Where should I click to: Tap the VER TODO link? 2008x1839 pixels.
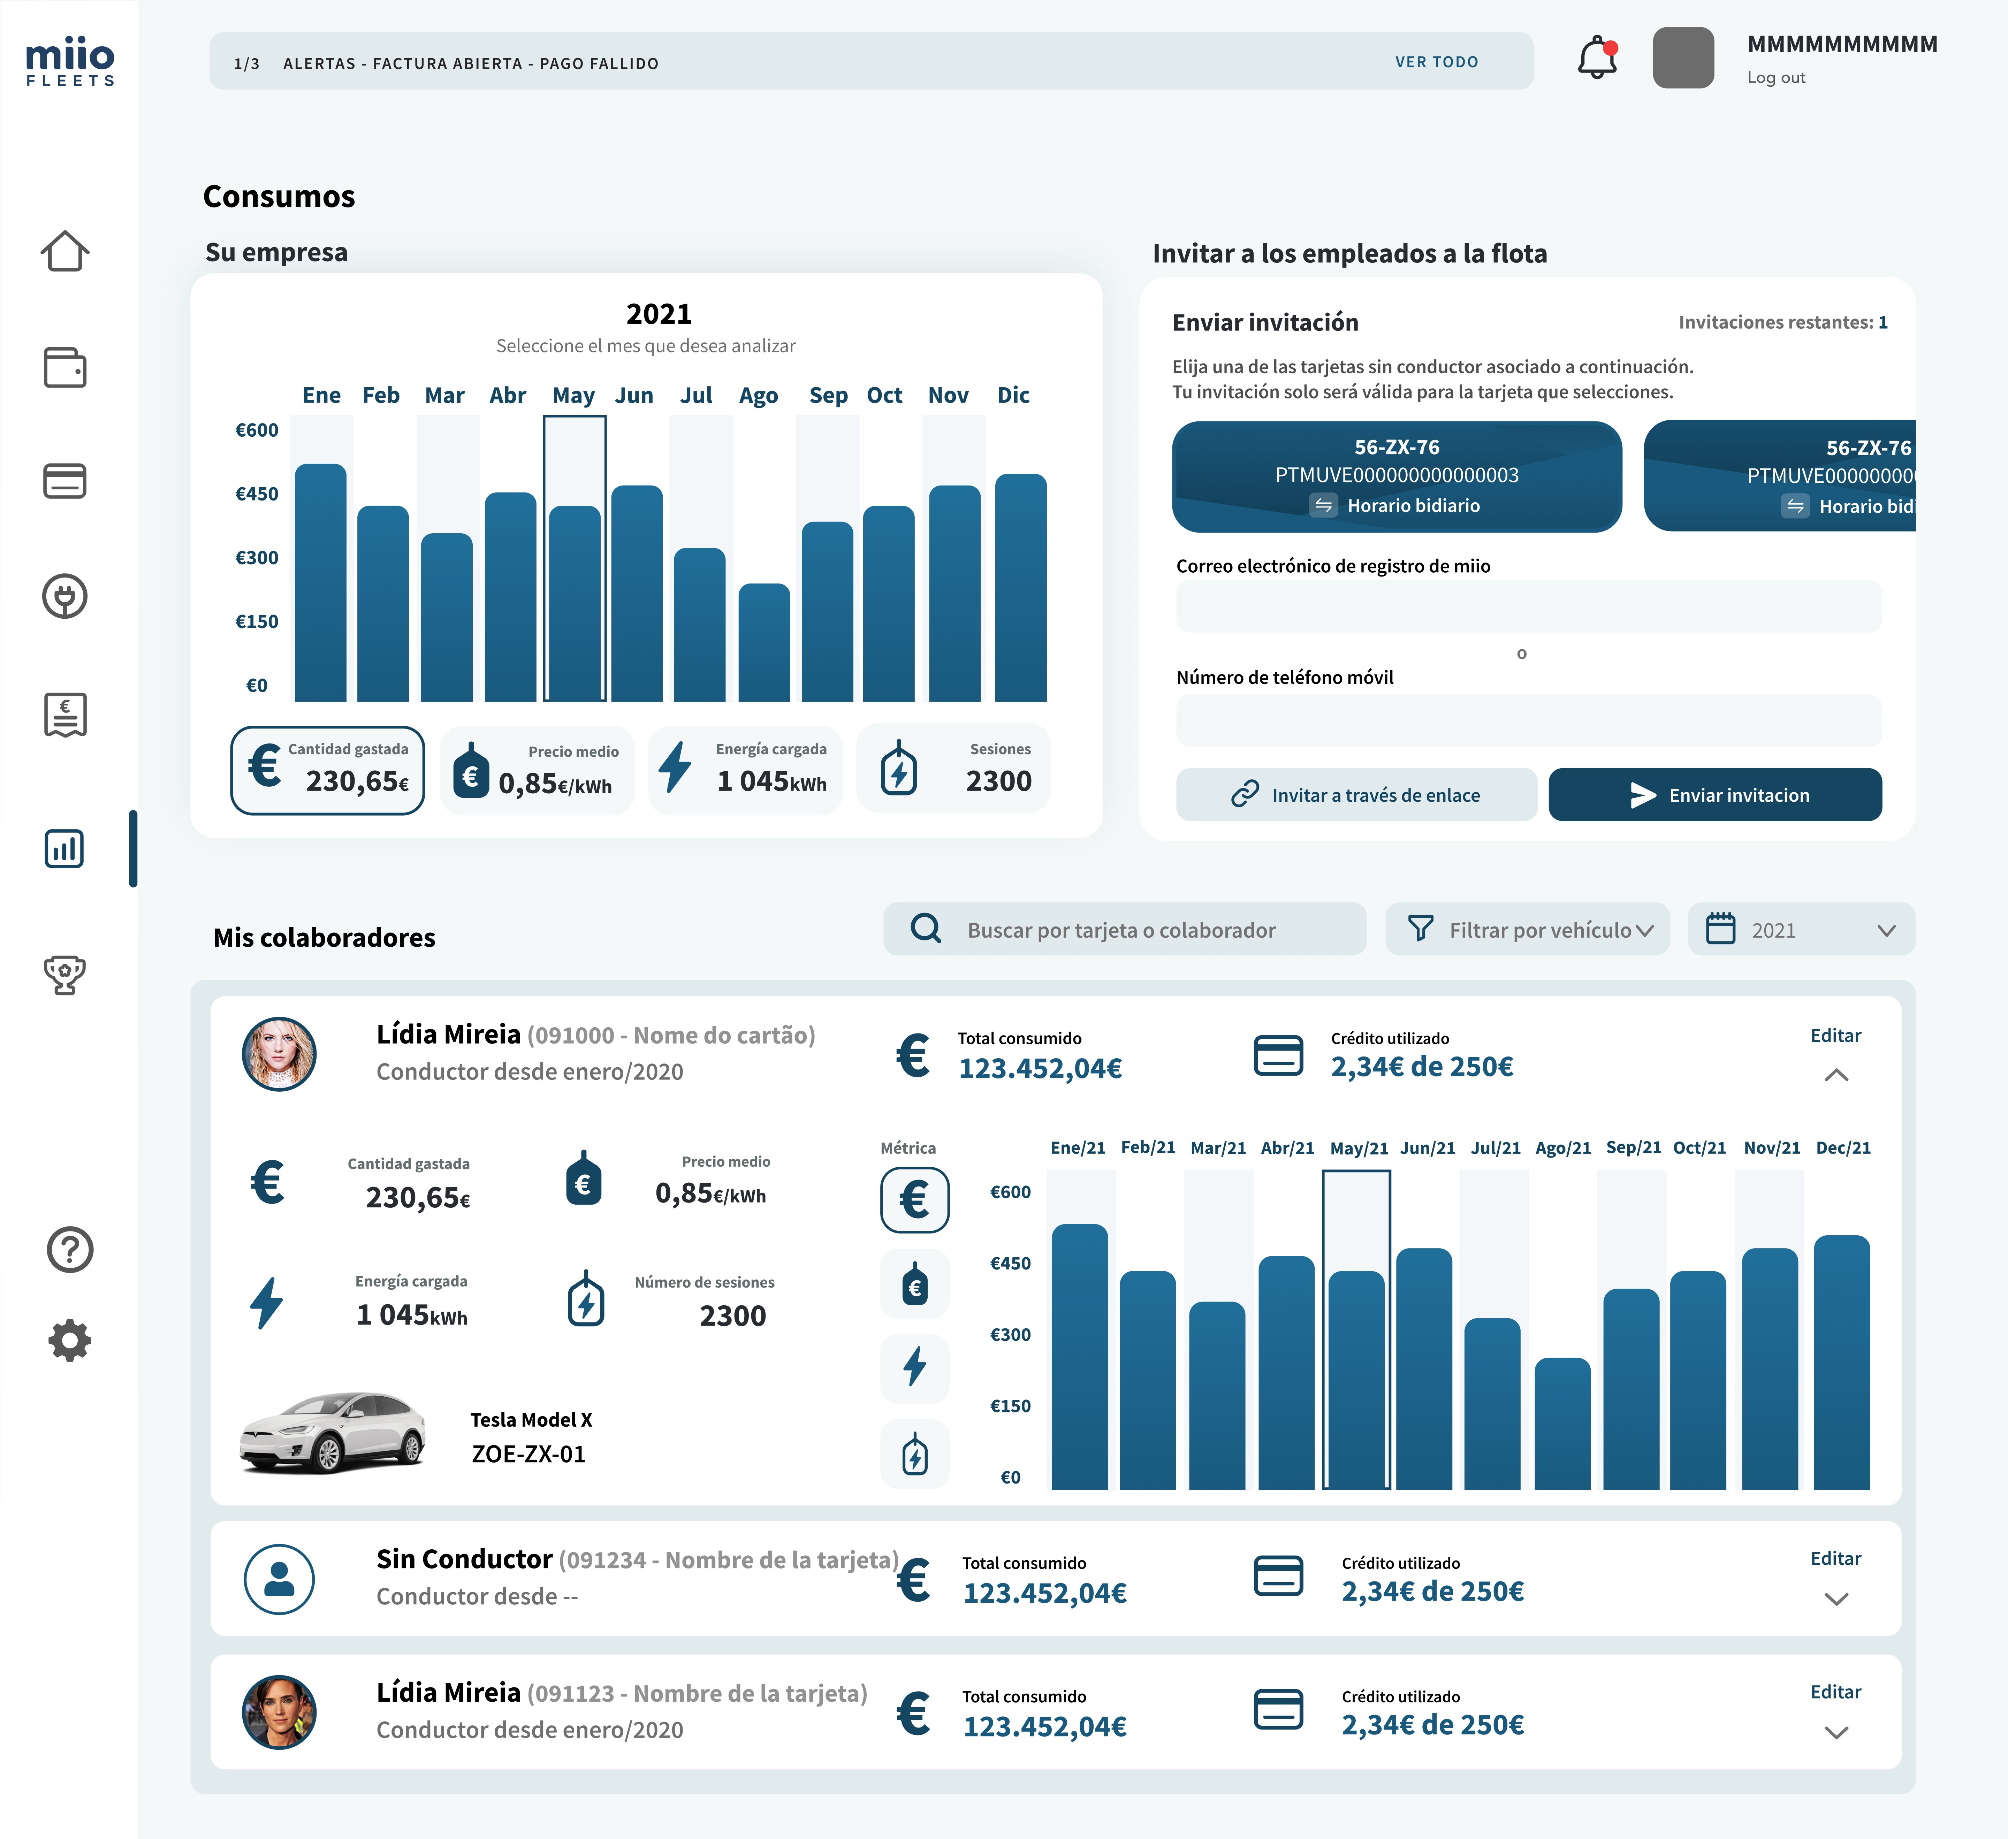coord(1436,62)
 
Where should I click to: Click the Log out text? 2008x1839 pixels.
coord(1776,78)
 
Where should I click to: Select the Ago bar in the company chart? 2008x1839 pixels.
coord(764,642)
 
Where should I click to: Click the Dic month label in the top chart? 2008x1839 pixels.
coord(1013,395)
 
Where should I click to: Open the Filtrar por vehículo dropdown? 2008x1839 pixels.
coord(1527,930)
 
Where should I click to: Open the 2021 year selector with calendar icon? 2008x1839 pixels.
coord(1801,930)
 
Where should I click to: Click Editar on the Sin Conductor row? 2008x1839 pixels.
coord(1835,1558)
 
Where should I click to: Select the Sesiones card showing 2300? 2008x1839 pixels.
coord(953,769)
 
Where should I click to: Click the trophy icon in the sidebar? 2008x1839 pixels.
coord(65,975)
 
